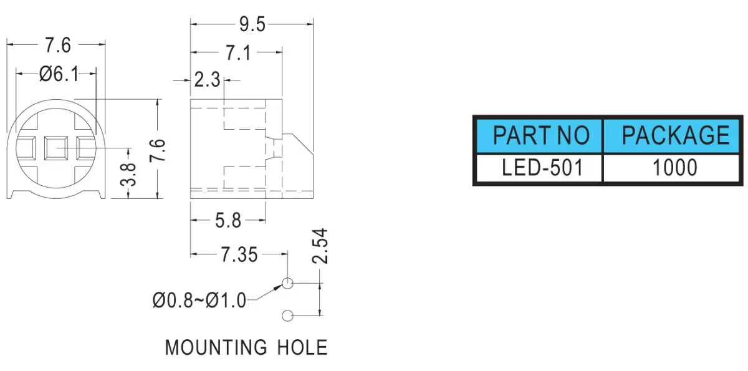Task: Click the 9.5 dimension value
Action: pos(252,25)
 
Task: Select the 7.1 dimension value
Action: pos(238,53)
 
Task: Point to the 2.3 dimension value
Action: pos(207,80)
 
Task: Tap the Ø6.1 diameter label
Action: pos(59,74)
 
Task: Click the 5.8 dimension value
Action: pos(228,221)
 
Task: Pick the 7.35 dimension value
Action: pos(239,255)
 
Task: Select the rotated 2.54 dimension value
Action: pos(320,246)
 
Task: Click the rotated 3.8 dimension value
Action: pos(128,175)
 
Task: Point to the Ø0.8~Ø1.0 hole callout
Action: pos(199,300)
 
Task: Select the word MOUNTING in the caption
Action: pos(216,347)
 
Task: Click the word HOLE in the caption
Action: pos(302,347)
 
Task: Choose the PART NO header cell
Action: pos(539,135)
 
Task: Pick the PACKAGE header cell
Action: pos(671,135)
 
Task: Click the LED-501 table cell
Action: pos(539,168)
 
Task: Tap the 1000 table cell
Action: pos(671,168)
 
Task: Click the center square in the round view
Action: pos(56,148)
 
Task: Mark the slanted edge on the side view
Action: pos(304,144)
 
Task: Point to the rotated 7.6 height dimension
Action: pos(157,150)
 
